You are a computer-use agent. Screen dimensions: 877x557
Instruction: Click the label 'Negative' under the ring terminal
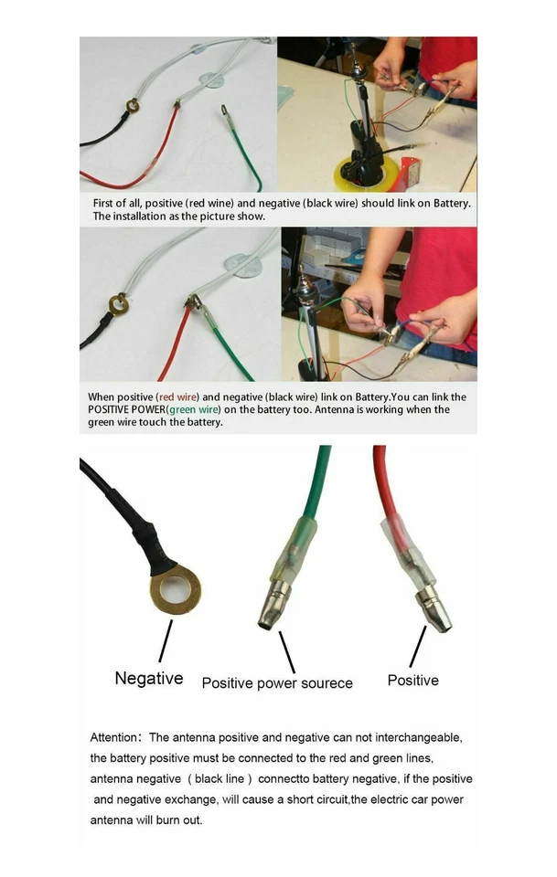148,679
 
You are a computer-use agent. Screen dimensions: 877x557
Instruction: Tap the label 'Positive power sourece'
276,683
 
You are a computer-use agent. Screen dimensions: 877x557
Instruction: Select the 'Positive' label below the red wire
412,681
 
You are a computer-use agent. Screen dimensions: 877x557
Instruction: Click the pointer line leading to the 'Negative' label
165,641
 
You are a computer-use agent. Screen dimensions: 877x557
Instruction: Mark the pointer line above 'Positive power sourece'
286,652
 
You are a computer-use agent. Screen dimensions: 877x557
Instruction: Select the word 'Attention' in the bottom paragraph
113,737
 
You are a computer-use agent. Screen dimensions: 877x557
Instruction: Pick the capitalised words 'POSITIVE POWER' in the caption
123,409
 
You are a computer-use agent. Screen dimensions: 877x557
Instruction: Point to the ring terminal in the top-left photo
134,106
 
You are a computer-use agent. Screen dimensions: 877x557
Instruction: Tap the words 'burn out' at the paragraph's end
181,820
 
